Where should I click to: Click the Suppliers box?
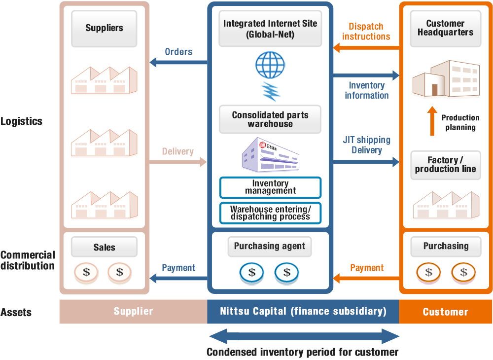pyautogui.click(x=104, y=28)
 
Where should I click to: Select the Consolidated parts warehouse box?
pyautogui.click(x=270, y=119)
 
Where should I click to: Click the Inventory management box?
pyautogui.click(x=270, y=187)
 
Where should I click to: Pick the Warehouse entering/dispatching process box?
pyautogui.click(x=270, y=213)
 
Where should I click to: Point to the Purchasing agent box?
pyautogui.click(x=270, y=246)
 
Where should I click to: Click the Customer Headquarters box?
pyautogui.click(x=446, y=28)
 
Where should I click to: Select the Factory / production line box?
pyautogui.click(x=446, y=165)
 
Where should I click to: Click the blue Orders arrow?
pyautogui.click(x=178, y=62)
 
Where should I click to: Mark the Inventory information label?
pyautogui.click(x=367, y=91)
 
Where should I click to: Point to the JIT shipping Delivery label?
pyautogui.click(x=367, y=145)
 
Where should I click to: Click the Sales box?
pyautogui.click(x=104, y=248)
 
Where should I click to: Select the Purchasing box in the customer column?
pyautogui.click(x=446, y=246)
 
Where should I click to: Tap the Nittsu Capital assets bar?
pyautogui.click(x=303, y=312)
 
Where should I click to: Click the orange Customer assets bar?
pyautogui.click(x=445, y=312)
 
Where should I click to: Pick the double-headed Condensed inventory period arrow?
pyautogui.click(x=304, y=337)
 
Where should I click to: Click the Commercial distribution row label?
pyautogui.click(x=28, y=260)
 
